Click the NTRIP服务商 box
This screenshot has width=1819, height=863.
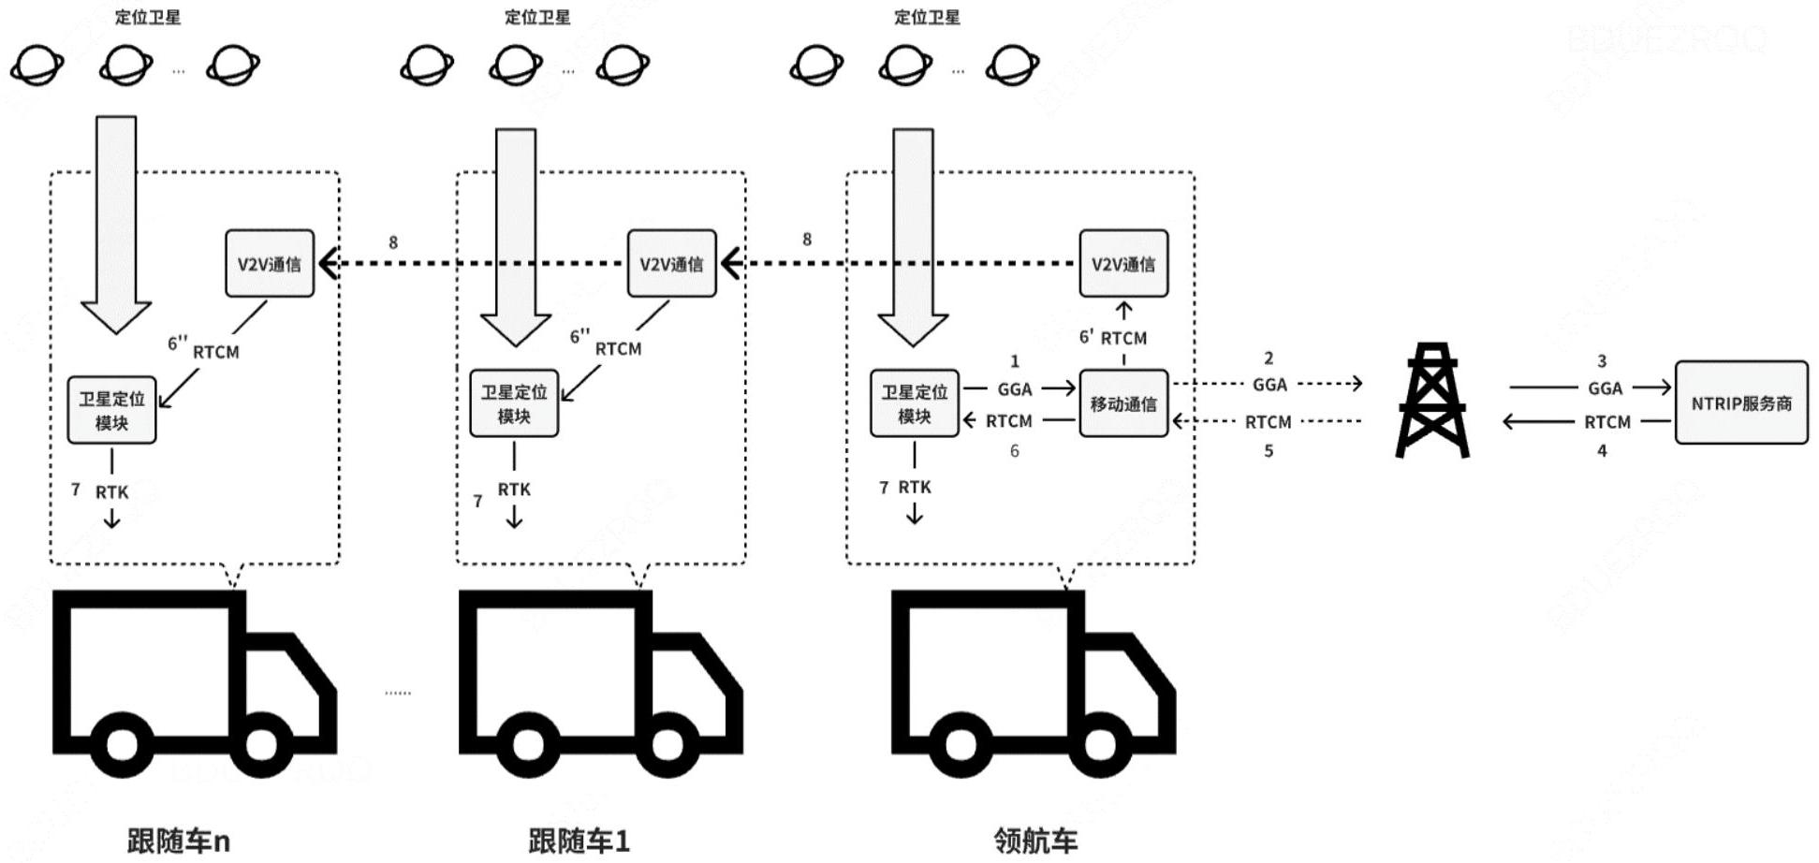[1740, 402]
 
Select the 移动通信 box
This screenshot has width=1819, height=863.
[1122, 403]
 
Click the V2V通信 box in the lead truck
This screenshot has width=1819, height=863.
[1122, 264]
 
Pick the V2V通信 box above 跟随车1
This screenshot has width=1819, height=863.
[671, 264]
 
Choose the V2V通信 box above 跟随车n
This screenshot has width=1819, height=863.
[269, 264]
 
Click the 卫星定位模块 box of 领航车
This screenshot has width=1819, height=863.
[914, 403]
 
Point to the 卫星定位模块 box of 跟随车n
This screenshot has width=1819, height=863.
[111, 410]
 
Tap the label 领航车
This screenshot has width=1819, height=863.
[1035, 841]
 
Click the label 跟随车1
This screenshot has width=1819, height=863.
[579, 841]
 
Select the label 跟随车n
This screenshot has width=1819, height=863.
[178, 841]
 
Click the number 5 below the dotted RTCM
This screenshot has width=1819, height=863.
[1269, 451]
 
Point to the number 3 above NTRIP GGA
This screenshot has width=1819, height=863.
[1602, 361]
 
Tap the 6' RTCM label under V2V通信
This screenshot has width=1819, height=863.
[1114, 338]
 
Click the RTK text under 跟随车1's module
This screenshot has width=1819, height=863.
[514, 490]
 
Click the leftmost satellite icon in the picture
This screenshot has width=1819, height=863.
[37, 66]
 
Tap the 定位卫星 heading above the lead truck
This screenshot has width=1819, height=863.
[927, 17]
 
